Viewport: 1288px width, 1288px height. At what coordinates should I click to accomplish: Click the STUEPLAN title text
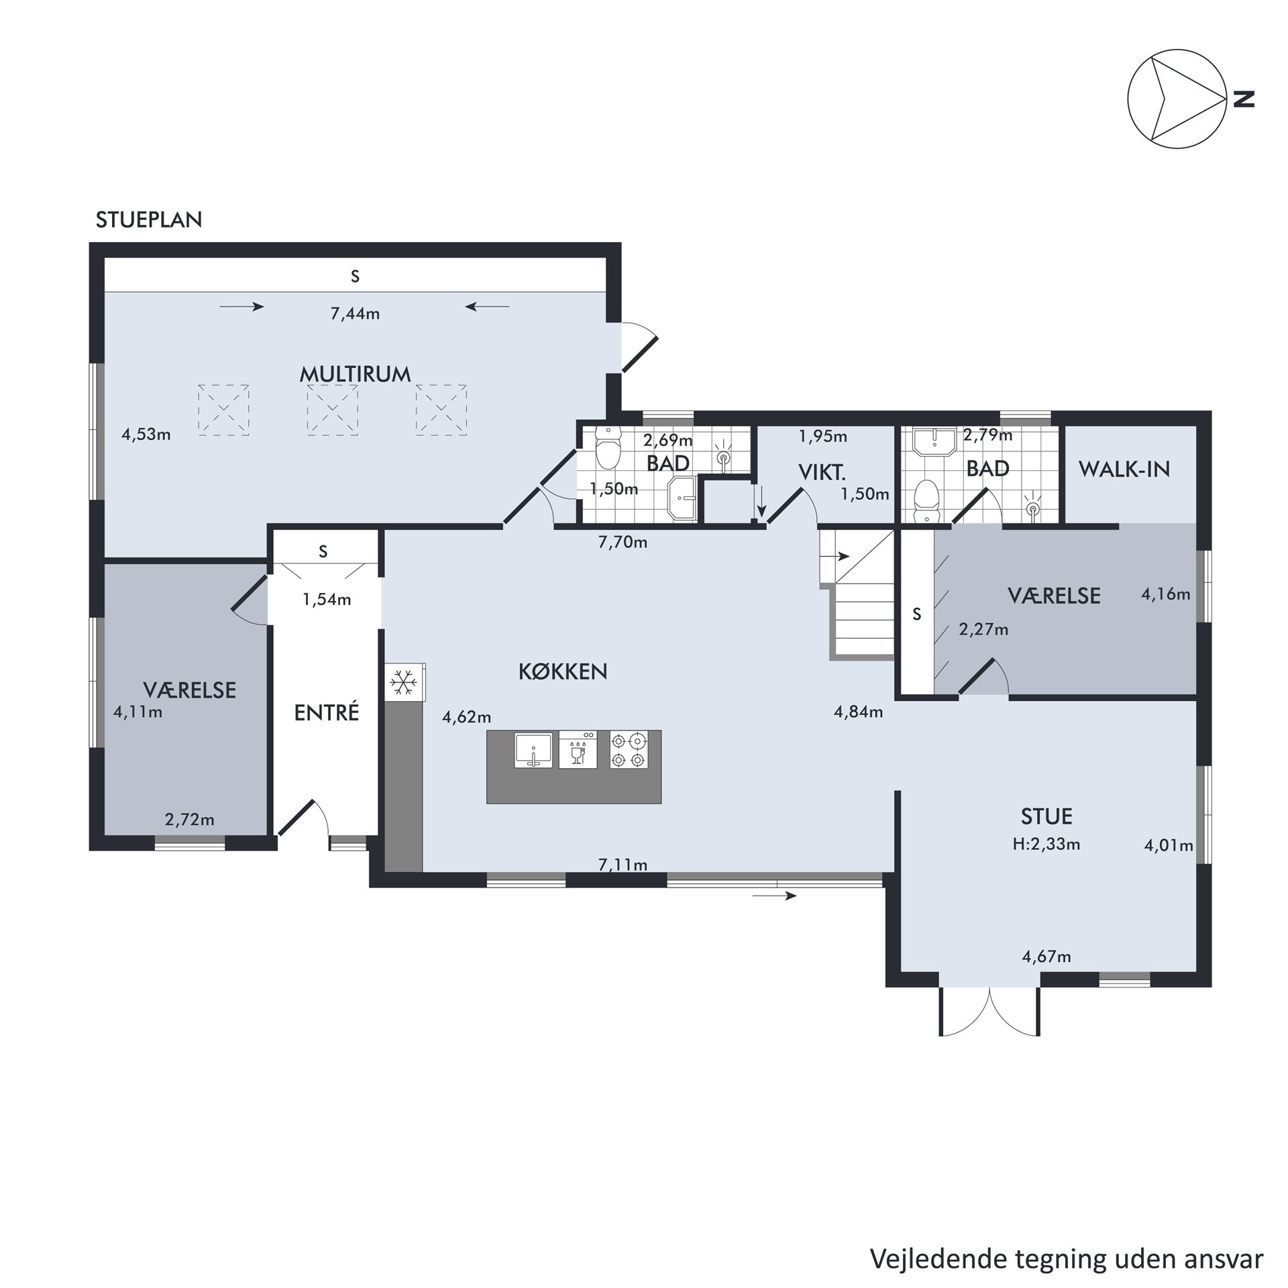[x=149, y=220]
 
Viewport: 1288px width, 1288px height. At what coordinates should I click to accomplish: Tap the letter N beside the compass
[x=1244, y=99]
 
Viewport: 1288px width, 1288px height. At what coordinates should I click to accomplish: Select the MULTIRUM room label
[x=355, y=374]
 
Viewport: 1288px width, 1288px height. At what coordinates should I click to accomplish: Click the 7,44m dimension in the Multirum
[x=355, y=313]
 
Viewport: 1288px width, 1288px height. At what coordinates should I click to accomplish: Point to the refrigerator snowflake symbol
[x=404, y=683]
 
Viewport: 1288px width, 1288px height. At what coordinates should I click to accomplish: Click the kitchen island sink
[x=533, y=750]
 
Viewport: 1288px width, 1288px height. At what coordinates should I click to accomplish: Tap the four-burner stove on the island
[x=629, y=750]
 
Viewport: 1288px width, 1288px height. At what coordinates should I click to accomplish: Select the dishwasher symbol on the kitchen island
[x=578, y=749]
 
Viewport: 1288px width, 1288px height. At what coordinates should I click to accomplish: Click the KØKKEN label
[x=563, y=672]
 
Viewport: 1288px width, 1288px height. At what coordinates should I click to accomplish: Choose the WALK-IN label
[x=1124, y=470]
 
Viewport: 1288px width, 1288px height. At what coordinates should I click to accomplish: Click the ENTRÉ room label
[x=327, y=712]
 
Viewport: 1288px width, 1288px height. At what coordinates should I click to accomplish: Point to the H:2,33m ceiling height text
[x=1046, y=844]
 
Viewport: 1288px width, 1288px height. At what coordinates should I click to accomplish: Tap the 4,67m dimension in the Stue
[x=1046, y=957]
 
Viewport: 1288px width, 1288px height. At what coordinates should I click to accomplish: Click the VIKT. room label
[x=822, y=473]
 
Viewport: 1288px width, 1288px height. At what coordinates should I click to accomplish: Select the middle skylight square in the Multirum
[x=333, y=410]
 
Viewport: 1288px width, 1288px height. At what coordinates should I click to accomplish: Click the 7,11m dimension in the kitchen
[x=623, y=865]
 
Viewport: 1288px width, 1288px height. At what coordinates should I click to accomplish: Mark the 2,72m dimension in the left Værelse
[x=190, y=819]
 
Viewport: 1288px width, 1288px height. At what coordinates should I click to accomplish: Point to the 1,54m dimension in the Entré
[x=327, y=599]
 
